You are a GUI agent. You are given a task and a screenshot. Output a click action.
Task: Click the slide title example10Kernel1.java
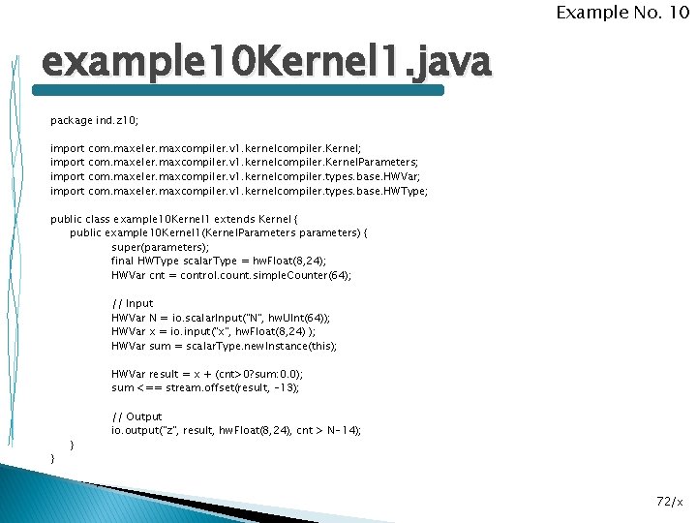point(266,65)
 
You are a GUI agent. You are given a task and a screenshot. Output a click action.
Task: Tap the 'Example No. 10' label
point(622,13)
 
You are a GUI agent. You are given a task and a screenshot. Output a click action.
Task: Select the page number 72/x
point(669,501)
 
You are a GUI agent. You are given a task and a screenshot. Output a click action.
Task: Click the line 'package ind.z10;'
point(95,121)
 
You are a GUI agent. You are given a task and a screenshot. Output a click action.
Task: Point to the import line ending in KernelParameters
point(234,163)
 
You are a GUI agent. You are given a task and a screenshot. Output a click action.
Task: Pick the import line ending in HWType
point(238,191)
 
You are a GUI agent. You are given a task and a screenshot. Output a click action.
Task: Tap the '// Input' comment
point(133,303)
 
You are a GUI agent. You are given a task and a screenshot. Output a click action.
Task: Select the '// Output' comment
point(136,416)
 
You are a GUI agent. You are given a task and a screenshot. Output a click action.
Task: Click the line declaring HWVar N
point(221,318)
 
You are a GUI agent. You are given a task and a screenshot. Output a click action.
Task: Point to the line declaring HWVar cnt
point(231,275)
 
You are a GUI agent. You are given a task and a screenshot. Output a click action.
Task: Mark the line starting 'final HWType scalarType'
point(219,261)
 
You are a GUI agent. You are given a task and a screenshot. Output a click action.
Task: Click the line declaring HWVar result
point(207,374)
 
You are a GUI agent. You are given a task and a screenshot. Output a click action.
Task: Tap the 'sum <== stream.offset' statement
point(205,387)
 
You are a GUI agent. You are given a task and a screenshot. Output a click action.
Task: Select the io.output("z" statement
point(236,430)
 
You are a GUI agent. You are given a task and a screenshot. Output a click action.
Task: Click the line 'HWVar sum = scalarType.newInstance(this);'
point(225,346)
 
